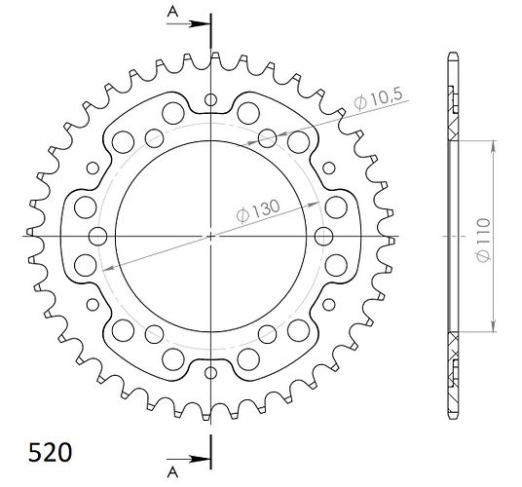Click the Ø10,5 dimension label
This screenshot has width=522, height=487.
[378, 97]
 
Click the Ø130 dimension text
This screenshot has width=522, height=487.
[258, 210]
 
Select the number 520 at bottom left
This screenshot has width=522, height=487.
[50, 453]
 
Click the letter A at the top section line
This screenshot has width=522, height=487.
[172, 12]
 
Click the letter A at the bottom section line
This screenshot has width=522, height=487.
[172, 472]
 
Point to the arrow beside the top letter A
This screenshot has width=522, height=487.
[188, 24]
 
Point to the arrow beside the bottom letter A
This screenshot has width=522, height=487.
[188, 459]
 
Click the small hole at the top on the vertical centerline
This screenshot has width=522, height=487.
[210, 99]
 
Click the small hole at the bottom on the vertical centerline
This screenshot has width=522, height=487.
[210, 373]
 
